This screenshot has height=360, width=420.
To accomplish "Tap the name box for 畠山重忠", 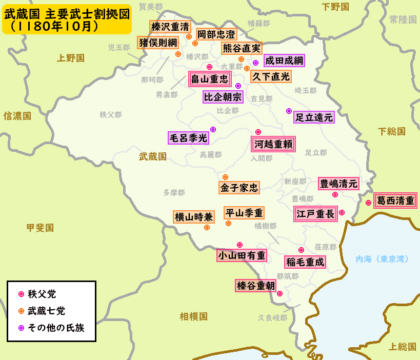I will click(209, 79).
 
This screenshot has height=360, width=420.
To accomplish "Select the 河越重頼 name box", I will click(273, 145).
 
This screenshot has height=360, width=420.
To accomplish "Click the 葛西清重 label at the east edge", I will click(394, 201).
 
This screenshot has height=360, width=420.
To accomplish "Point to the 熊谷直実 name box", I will click(241, 48).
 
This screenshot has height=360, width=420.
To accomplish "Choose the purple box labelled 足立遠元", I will click(314, 117).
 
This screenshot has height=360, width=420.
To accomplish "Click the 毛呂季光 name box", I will click(188, 137).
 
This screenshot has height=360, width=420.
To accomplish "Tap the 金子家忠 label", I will click(239, 187).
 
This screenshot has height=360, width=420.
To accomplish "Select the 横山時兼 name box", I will click(193, 216).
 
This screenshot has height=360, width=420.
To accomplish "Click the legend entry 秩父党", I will click(42, 294).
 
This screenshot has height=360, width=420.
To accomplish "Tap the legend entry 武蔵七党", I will click(46, 311).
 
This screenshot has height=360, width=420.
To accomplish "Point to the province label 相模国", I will click(193, 316).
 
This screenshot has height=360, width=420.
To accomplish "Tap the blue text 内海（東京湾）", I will click(382, 259).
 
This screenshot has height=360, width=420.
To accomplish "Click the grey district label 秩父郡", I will click(111, 114).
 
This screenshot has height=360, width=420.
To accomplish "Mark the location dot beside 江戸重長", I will click(342, 212).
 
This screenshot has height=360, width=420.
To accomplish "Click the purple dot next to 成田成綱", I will click(255, 63).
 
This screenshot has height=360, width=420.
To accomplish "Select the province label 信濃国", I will click(17, 116).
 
